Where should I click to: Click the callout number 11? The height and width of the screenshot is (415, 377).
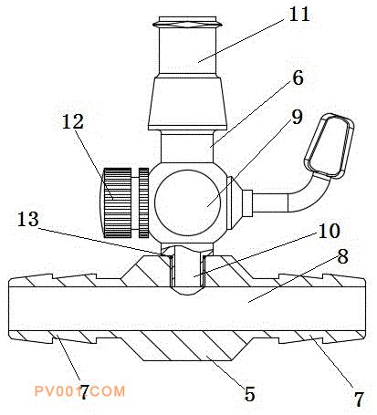(x=299, y=15)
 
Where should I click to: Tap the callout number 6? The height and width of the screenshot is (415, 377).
(x=298, y=78)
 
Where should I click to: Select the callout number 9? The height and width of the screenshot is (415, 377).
(x=297, y=117)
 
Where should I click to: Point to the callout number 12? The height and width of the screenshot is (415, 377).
(x=73, y=121)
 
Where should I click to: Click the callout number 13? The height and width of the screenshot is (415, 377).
(x=28, y=219)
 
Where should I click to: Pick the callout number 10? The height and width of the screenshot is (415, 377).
(x=329, y=231)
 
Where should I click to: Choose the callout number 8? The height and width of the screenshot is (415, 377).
(x=342, y=256)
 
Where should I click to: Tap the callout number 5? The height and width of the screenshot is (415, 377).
(x=249, y=394)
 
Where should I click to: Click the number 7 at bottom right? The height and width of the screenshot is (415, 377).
(x=359, y=399)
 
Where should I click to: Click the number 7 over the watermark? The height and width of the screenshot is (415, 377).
(x=84, y=391)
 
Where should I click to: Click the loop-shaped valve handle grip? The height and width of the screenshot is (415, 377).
(x=330, y=146)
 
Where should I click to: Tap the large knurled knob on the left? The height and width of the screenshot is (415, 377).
(x=116, y=202)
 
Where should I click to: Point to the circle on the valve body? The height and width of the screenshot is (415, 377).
(x=187, y=202)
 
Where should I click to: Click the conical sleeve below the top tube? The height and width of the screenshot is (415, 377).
(x=187, y=103)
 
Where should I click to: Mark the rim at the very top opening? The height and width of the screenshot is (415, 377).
(x=187, y=23)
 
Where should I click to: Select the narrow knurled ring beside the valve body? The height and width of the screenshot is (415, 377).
(x=143, y=202)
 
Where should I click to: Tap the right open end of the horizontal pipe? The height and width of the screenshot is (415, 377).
(x=364, y=308)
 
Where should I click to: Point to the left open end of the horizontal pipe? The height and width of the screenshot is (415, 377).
(x=10, y=308)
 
